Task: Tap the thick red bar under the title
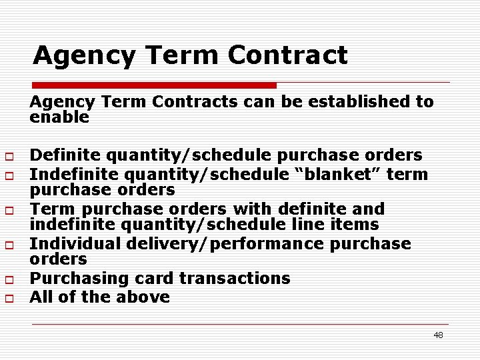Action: click(x=154, y=85)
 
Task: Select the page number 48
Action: click(x=438, y=335)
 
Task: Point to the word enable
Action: click(x=59, y=117)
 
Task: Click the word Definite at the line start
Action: click(x=63, y=155)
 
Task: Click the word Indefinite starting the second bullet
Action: click(x=72, y=174)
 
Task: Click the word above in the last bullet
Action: click(x=145, y=297)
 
